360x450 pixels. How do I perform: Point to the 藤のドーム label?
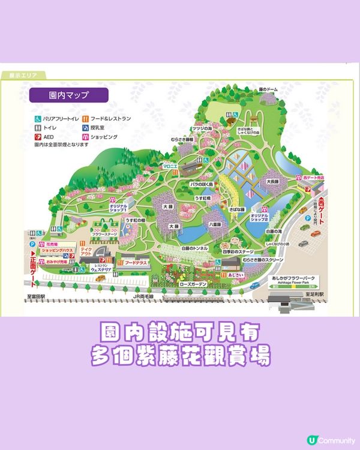point(270,89)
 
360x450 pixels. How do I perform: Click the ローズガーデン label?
point(192,283)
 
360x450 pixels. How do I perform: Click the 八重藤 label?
point(216,223)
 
